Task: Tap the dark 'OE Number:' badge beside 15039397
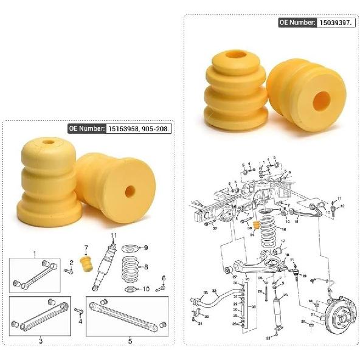coord(297,22)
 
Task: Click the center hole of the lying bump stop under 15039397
coord(321,100)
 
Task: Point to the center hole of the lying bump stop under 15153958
coord(130,191)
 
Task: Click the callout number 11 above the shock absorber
coord(113,236)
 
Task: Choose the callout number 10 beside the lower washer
coord(146,288)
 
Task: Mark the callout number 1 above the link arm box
coord(35,254)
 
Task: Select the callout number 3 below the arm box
coord(41,341)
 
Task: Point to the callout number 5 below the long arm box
coord(130,341)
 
